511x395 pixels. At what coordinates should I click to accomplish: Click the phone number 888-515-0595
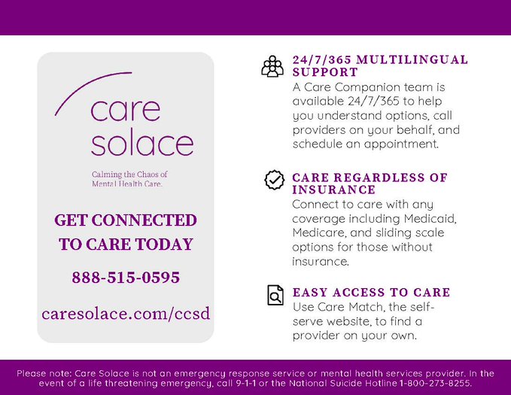[x=126, y=278]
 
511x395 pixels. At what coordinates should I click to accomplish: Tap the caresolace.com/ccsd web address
[x=126, y=313]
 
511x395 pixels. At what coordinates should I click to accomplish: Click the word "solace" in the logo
[x=142, y=142]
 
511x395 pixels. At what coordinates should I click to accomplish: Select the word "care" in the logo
[x=126, y=110]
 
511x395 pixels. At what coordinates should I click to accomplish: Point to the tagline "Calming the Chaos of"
[x=129, y=174]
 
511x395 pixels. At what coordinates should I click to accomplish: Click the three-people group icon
[x=272, y=66]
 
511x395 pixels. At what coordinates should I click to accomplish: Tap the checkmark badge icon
[x=274, y=181]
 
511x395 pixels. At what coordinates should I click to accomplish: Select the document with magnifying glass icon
[x=276, y=296]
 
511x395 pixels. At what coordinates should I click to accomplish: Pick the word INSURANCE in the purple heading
[x=333, y=190]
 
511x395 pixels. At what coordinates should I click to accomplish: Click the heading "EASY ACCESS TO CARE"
[x=371, y=292]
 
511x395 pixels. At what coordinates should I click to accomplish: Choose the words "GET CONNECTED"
[x=126, y=220]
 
